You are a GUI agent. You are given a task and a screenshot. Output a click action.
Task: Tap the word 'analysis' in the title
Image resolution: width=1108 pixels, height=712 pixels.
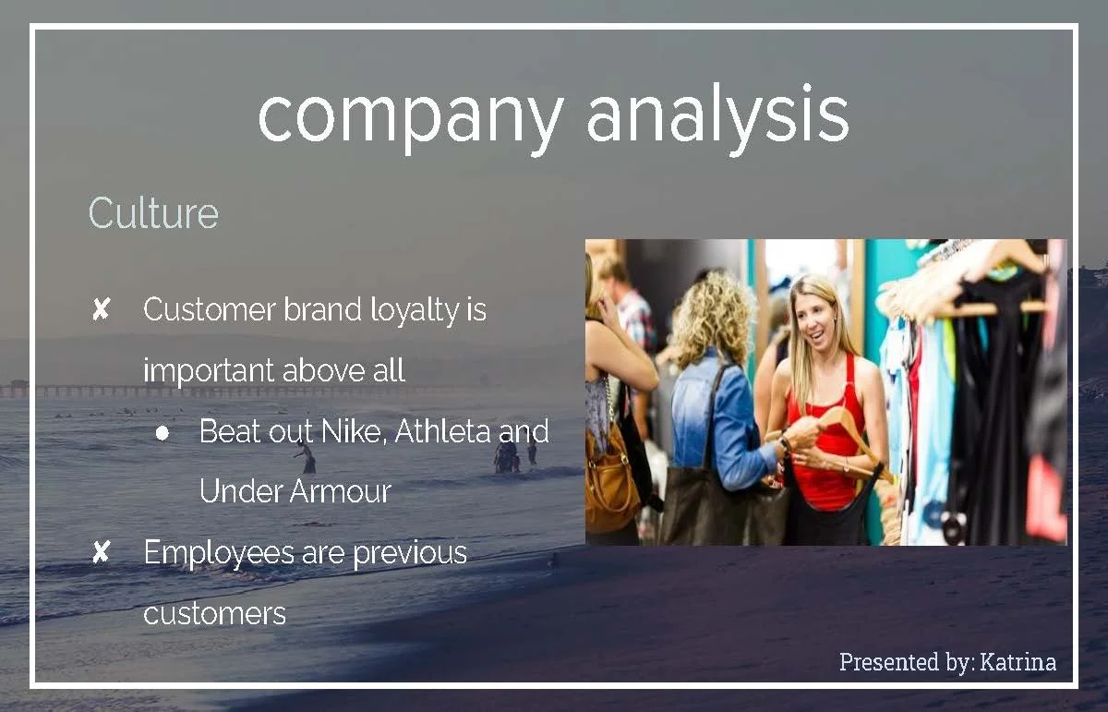pyautogui.click(x=717, y=117)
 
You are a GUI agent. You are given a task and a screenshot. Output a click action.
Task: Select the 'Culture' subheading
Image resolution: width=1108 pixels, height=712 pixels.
pyautogui.click(x=153, y=213)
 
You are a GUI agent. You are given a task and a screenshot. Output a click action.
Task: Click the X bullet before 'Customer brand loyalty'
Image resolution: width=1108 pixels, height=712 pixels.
pyautogui.click(x=101, y=310)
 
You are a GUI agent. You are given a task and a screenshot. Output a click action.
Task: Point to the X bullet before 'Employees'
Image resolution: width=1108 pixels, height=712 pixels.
pyautogui.click(x=101, y=553)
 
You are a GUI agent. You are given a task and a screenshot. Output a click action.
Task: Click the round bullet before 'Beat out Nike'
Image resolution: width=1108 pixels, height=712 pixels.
pyautogui.click(x=163, y=432)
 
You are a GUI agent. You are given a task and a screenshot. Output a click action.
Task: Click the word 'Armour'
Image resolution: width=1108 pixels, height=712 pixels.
pyautogui.click(x=341, y=491)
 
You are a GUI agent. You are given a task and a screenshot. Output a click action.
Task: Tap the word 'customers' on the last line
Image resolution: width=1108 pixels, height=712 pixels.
pyautogui.click(x=214, y=613)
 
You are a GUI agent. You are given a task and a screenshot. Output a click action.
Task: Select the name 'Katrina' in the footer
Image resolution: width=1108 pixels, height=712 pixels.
pyautogui.click(x=1018, y=662)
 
